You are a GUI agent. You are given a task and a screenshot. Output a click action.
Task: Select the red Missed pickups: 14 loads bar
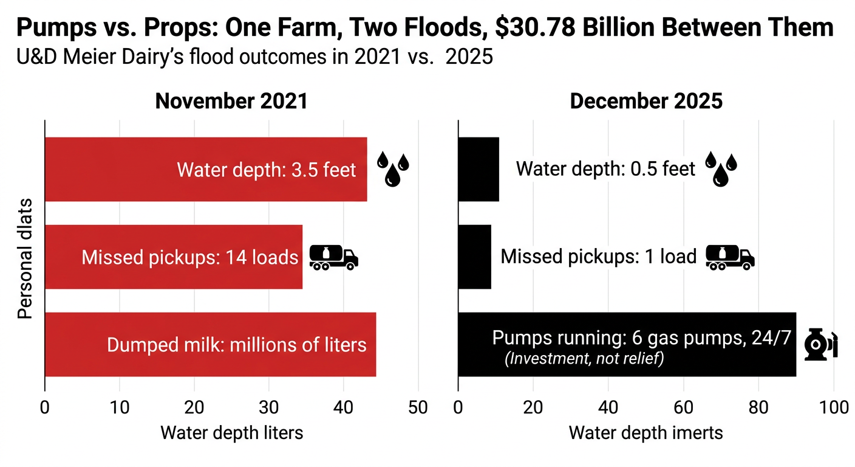tap(173, 257)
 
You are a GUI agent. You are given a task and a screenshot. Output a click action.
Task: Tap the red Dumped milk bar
tap(210, 344)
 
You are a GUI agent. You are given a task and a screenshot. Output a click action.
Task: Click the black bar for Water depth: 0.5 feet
tap(478, 169)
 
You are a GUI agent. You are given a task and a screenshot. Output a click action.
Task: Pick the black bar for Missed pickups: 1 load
tap(474, 257)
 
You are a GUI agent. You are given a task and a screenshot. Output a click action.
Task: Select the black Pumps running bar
tap(626, 344)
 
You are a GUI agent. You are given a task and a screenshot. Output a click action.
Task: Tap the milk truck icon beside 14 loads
tap(333, 257)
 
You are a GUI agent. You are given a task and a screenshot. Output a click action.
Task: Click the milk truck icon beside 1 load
tap(730, 257)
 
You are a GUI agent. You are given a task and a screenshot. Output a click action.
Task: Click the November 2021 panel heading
tap(231, 101)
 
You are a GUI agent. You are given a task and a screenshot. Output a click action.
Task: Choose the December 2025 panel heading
tap(646, 101)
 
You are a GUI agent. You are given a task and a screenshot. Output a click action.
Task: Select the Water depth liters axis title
tap(231, 433)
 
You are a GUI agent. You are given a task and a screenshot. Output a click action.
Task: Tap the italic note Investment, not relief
tap(584, 359)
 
